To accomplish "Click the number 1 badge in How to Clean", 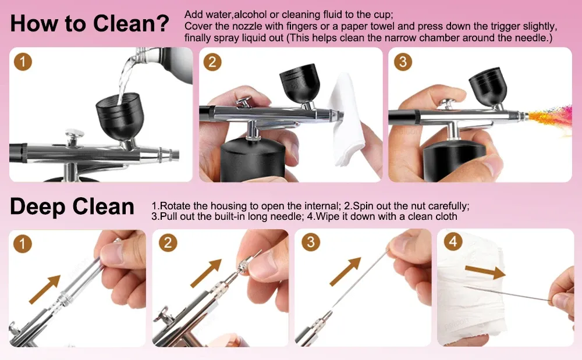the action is pyautogui.click(x=23, y=62).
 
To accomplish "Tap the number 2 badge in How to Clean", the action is pyautogui.click(x=212, y=62).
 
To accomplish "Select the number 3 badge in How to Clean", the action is pyautogui.click(x=403, y=62).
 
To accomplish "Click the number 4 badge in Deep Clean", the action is pyautogui.click(x=453, y=242).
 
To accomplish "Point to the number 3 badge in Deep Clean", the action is pyautogui.click(x=311, y=242).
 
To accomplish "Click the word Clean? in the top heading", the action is pyautogui.click(x=131, y=23).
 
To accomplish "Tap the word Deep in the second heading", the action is pyautogui.click(x=37, y=207).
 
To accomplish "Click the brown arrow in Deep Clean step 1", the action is pyautogui.click(x=45, y=290).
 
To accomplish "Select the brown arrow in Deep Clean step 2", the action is pyautogui.click(x=206, y=273).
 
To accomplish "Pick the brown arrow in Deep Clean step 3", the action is pyautogui.click(x=345, y=272).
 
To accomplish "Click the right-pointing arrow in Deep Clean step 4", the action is pyautogui.click(x=485, y=272).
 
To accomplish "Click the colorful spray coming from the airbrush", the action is pyautogui.click(x=550, y=116).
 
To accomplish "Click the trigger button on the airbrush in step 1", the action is pyautogui.click(x=74, y=137).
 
